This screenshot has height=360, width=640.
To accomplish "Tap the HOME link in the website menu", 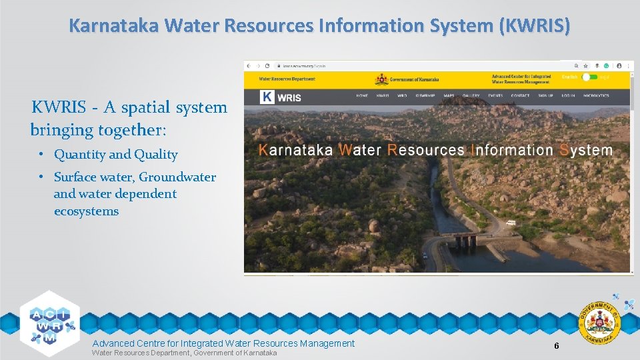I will tap(362, 95).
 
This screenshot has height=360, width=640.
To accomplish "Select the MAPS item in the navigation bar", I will tap(449, 95).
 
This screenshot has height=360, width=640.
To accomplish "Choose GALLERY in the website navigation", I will tap(471, 95).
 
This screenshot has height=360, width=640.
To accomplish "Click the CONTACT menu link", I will tap(520, 95).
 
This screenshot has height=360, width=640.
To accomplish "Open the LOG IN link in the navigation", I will tap(568, 95).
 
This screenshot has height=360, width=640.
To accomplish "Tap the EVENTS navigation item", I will tap(495, 95).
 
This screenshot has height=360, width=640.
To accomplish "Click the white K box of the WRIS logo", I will tap(267, 97).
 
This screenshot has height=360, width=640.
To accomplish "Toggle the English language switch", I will tap(589, 77).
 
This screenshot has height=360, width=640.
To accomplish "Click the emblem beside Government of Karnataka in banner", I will tap(381, 79).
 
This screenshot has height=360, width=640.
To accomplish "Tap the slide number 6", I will tap(556, 345).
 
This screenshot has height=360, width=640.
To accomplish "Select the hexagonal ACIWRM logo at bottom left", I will tap(50, 319).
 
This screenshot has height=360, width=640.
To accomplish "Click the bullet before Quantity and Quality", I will tap(41, 155).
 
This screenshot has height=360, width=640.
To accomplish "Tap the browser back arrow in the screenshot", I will tap(248, 66).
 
